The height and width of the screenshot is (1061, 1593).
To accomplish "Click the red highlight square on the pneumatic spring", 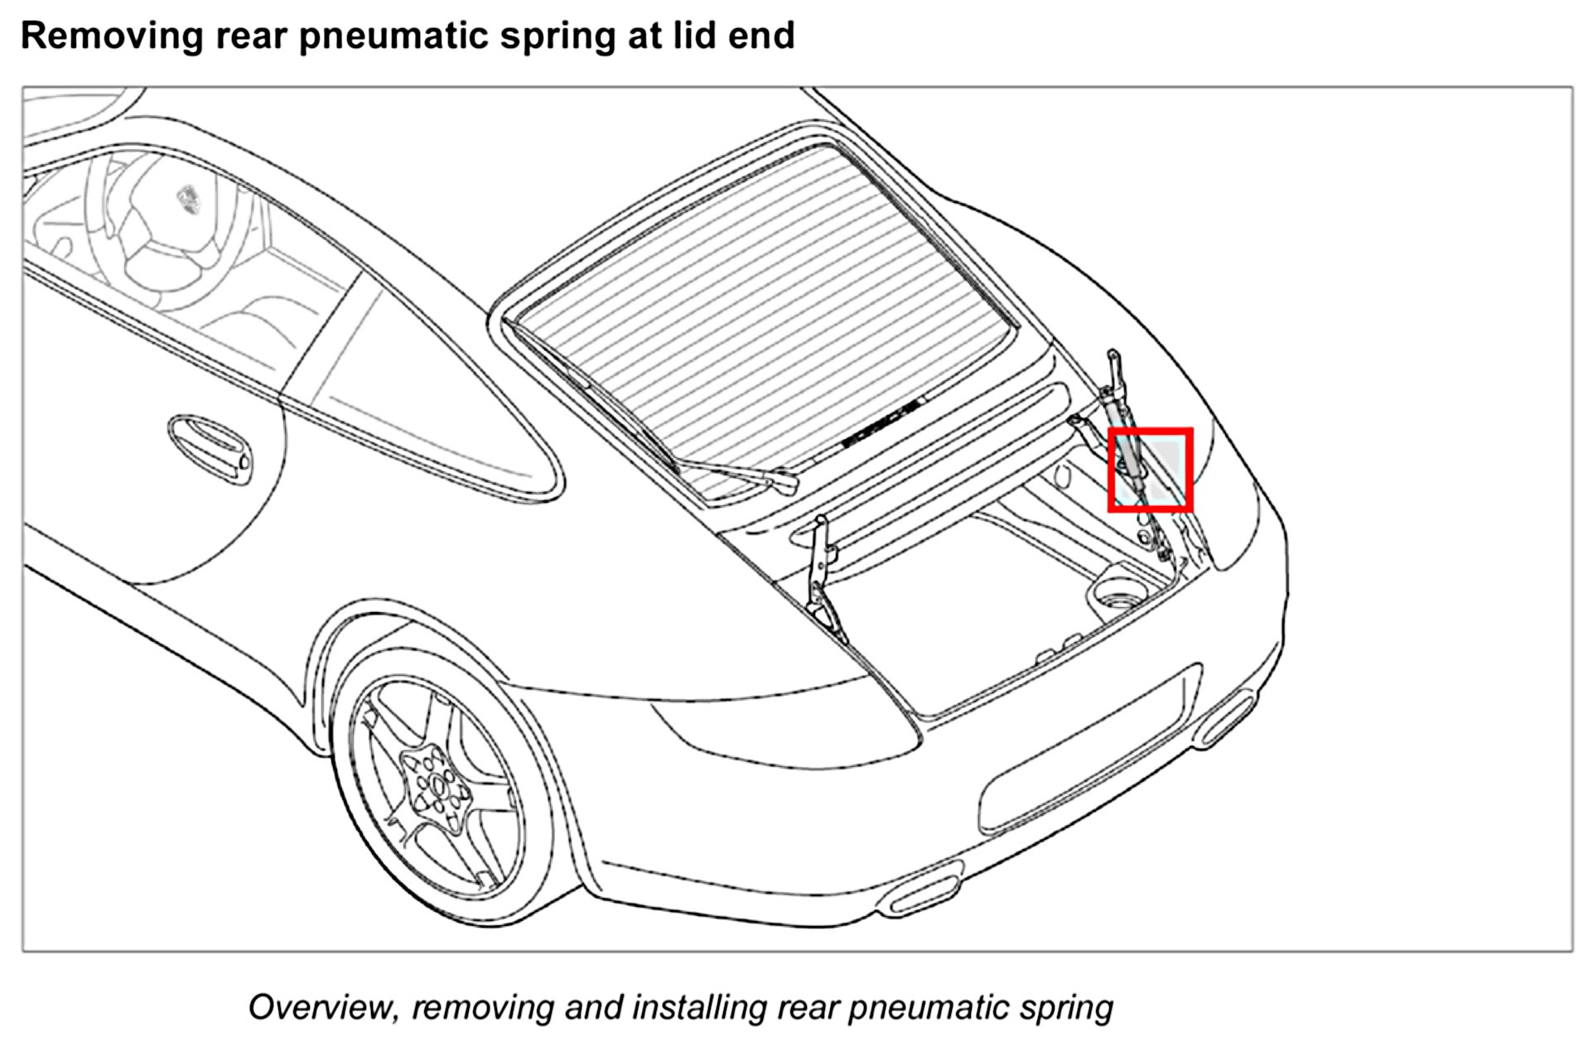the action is (x=1150, y=470).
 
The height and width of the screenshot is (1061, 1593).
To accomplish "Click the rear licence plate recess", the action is (x=1085, y=750).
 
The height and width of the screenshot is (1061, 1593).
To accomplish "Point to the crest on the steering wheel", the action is (x=189, y=200).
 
